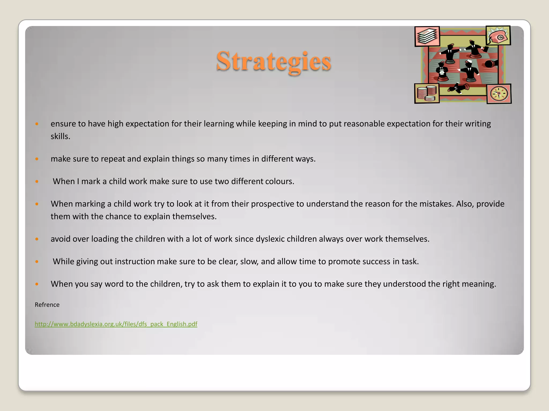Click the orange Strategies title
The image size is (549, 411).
click(274, 61)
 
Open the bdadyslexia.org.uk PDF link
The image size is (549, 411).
click(116, 324)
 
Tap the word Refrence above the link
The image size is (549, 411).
click(47, 305)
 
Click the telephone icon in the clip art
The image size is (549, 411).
click(498, 36)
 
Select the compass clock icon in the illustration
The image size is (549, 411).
click(499, 94)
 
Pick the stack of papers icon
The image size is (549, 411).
click(427, 36)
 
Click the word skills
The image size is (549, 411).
click(60, 136)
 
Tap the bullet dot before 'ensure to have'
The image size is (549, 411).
click(37, 124)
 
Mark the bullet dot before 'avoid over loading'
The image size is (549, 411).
click(37, 239)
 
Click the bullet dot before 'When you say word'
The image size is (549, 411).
click(37, 284)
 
